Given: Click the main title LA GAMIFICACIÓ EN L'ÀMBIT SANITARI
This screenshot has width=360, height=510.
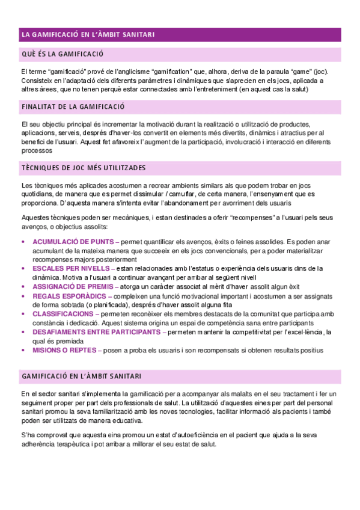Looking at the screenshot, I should (x=88, y=35).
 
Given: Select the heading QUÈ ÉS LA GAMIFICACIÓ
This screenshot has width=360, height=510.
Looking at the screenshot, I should (x=63, y=55).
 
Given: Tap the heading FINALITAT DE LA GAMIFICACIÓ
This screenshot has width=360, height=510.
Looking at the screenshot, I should (x=73, y=107).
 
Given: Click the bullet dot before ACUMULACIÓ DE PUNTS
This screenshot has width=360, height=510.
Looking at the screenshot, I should (x=23, y=241).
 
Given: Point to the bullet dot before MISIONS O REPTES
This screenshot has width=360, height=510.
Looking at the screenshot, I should (x=23, y=349).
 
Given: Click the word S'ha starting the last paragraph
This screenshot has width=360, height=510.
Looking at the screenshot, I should (x=28, y=435).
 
